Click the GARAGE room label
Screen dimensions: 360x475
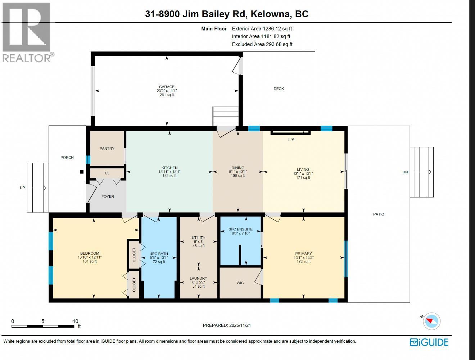tap(167, 87)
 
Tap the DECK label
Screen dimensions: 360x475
tap(279, 89)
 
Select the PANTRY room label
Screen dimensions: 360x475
tap(107, 149)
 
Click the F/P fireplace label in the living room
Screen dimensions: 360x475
tap(291, 140)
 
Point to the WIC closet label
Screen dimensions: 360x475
tap(240, 283)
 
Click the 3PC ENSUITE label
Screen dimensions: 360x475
tap(241, 229)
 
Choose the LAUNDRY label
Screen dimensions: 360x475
tap(198, 278)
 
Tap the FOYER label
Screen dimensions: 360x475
tap(108, 197)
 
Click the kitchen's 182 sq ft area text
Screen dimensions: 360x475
tap(169, 176)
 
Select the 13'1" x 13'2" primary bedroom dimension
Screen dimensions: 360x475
tap(303, 258)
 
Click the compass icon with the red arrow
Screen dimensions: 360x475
tap(431, 321)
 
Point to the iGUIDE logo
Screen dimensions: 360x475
tap(429, 342)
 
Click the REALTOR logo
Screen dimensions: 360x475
tap(27, 32)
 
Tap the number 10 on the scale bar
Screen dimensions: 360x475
tap(75, 321)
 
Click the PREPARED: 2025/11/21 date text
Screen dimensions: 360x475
tap(227, 325)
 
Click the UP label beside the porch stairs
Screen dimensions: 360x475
tap(22, 188)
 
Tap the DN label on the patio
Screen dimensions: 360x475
tap(405, 172)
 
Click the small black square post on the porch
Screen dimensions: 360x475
tap(82, 172)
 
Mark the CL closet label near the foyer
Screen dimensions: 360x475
tap(107, 173)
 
